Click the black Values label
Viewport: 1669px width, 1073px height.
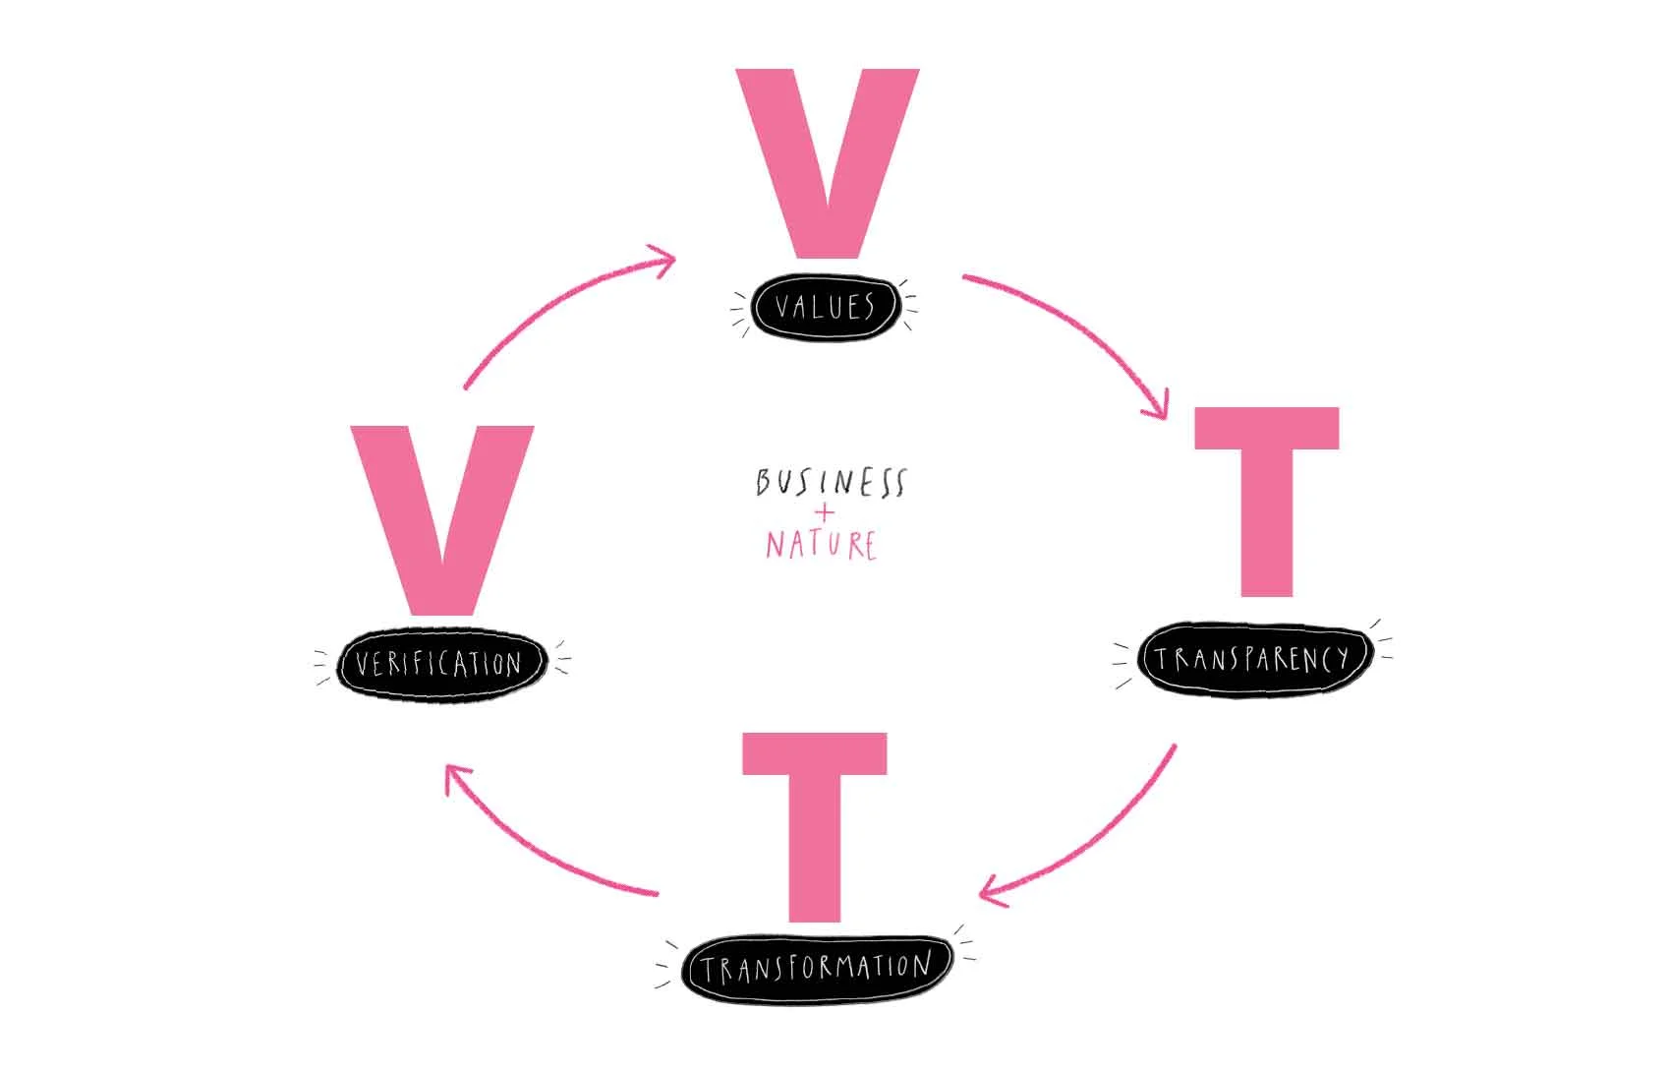pos(826,308)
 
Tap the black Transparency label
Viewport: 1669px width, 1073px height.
pos(1253,658)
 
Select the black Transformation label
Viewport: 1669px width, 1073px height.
pos(816,968)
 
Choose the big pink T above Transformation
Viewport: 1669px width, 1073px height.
pos(815,826)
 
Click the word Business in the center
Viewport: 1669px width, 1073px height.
pos(831,482)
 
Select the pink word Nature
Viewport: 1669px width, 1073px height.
pos(822,545)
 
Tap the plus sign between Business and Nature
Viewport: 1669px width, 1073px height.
pos(825,513)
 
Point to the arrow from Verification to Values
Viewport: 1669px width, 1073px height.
pos(550,305)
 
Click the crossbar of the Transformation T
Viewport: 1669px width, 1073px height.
pos(815,753)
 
